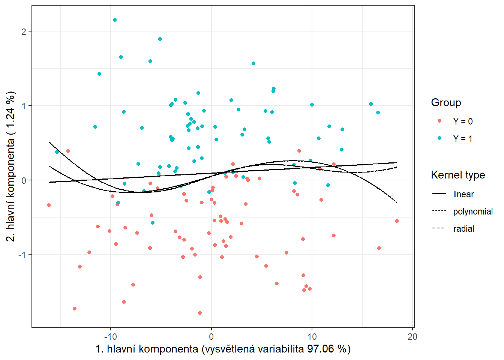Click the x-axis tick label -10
[110, 337]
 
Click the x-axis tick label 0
[211, 337]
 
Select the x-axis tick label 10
[312, 337]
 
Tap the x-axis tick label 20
[412, 337]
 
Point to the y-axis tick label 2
[24, 31]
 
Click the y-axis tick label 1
[24, 106]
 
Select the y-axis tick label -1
[22, 255]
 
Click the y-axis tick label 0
[24, 180]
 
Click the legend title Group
[446, 102]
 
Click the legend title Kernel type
[458, 175]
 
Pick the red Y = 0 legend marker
[439, 121]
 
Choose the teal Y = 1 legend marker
[439, 138]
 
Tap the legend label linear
[463, 194]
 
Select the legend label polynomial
[473, 211]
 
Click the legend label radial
[463, 229]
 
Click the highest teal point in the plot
[115, 20]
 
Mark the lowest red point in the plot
[200, 313]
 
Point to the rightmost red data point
[397, 221]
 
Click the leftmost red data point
[49, 205]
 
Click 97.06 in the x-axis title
[320, 349]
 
